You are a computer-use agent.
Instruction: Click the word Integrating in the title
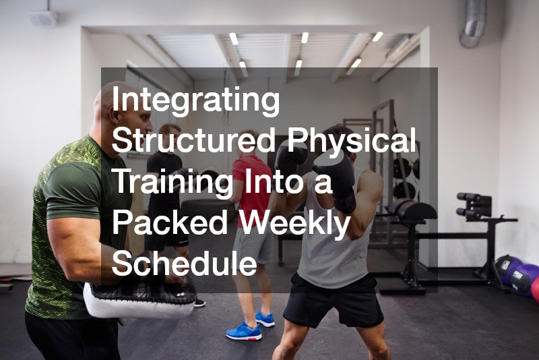[x=196, y=101]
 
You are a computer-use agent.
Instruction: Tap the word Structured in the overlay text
[x=193, y=142]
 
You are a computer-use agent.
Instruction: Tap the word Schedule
[x=184, y=263]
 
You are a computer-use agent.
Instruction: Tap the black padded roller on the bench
[x=414, y=211]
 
